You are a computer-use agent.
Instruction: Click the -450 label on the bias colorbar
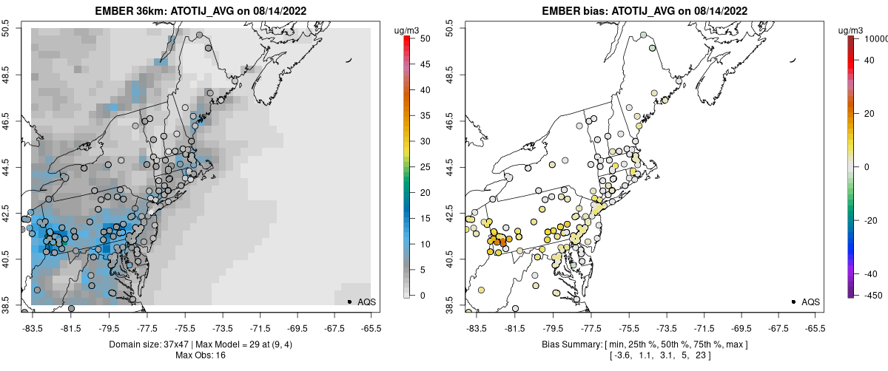(x=869, y=296)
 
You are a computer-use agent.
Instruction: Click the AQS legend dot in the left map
(x=349, y=302)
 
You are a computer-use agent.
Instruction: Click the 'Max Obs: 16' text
(x=200, y=355)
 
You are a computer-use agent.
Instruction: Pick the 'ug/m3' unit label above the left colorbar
(x=408, y=30)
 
